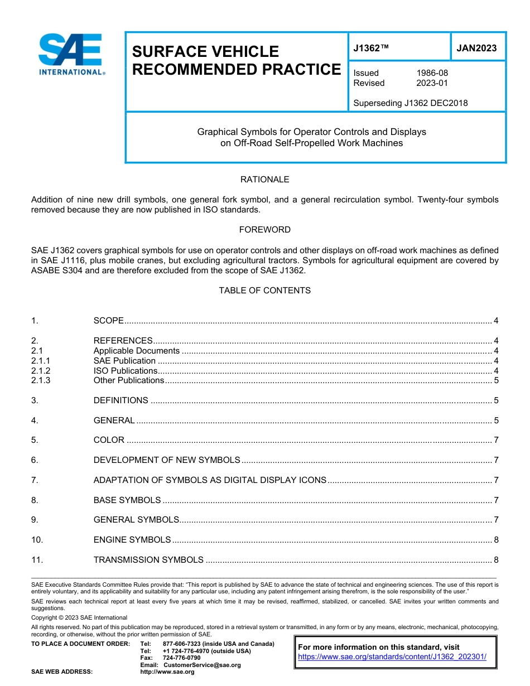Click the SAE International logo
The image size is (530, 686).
click(71, 54)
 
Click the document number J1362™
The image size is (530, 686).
click(371, 49)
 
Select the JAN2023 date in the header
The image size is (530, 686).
click(476, 49)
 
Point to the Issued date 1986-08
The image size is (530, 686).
click(432, 73)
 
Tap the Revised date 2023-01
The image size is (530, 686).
click(432, 83)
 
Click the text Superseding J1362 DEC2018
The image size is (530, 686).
click(410, 103)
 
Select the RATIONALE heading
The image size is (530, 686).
click(264, 180)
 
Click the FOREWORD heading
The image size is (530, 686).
click(264, 230)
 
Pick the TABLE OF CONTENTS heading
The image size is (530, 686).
click(264, 291)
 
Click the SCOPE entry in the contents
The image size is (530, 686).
click(108, 321)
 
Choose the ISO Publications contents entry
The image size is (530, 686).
click(126, 371)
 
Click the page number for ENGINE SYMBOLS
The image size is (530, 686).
click(495, 540)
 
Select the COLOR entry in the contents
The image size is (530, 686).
click(109, 440)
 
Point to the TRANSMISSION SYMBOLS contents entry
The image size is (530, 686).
click(148, 560)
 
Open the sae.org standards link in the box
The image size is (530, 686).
click(392, 657)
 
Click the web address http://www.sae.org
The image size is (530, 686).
click(167, 672)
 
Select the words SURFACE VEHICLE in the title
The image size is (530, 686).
click(205, 52)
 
